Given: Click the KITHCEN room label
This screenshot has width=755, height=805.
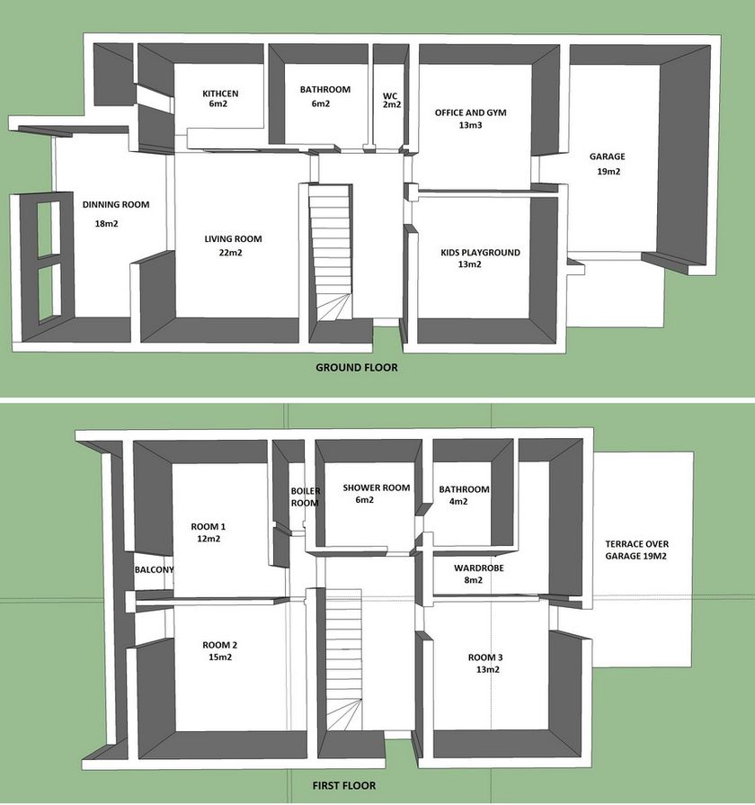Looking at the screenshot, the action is [x=220, y=94].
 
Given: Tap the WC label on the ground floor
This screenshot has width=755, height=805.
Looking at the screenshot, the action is [x=390, y=96].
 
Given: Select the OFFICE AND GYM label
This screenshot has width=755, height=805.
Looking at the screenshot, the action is [x=470, y=112].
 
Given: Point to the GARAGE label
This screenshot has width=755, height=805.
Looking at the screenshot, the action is [x=608, y=157].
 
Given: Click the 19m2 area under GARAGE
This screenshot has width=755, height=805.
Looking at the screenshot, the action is [x=608, y=172].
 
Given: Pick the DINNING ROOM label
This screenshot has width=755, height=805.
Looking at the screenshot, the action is [x=116, y=204].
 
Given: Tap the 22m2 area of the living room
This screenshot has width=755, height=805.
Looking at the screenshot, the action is [x=230, y=253].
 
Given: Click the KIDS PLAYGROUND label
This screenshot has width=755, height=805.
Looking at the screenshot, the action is [x=480, y=252].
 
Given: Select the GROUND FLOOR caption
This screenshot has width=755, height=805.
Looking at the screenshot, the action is [x=357, y=368].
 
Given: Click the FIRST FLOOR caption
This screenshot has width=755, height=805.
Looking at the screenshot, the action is [x=343, y=785].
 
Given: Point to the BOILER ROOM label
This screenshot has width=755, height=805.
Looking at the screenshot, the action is [x=306, y=497].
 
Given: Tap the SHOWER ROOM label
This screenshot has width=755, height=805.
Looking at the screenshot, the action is [x=377, y=487].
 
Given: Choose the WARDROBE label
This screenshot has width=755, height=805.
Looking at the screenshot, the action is [x=478, y=568].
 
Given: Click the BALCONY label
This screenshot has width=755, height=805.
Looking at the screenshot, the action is [x=154, y=570].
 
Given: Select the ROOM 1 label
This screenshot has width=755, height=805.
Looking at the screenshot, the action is [x=209, y=526].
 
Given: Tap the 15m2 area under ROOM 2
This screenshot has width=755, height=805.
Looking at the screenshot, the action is [x=220, y=657].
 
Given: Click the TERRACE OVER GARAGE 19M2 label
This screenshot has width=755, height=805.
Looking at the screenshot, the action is [x=636, y=550].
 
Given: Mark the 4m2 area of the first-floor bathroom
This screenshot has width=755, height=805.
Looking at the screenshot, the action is [x=458, y=502].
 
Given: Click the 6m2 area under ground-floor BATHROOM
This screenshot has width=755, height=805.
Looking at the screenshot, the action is [x=321, y=103].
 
